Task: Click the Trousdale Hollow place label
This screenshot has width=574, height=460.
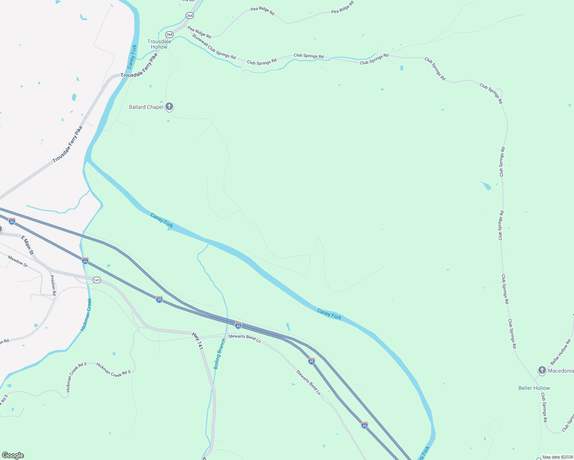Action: (159, 44)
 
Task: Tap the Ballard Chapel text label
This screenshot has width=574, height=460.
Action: (146, 107)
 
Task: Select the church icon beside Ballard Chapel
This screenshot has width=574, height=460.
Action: (169, 107)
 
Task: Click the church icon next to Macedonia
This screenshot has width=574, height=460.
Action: (542, 370)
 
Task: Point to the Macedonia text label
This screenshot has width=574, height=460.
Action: (561, 371)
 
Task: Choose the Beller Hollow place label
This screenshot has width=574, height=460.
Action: (534, 388)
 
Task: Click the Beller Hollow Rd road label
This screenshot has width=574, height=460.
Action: (561, 352)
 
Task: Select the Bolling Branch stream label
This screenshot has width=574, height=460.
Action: (219, 354)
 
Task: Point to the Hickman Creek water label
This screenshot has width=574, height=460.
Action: (86, 315)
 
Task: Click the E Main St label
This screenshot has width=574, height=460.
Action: (28, 245)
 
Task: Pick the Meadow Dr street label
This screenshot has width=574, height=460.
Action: (18, 261)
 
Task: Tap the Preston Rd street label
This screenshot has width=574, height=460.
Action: (53, 285)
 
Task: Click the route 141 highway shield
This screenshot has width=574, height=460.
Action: (97, 280)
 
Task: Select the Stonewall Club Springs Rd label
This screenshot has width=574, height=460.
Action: (214, 46)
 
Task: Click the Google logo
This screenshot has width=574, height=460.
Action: (13, 455)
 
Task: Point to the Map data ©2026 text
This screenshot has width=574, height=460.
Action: (558, 457)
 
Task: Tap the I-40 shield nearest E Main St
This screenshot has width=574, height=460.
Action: (12, 222)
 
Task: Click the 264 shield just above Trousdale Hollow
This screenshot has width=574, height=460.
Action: (170, 34)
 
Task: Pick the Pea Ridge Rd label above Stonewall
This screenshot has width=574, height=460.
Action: (199, 32)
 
